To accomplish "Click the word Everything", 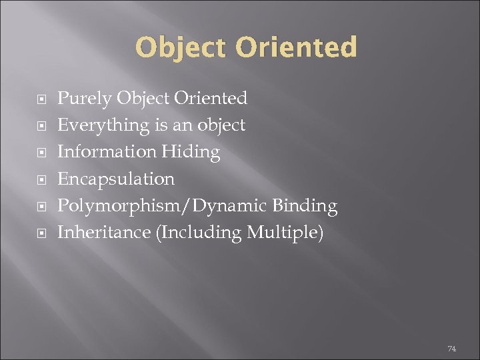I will coord(103,125).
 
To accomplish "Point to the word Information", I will coord(107,152).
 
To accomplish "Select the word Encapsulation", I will coord(116,179).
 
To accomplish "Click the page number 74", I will coord(451,349).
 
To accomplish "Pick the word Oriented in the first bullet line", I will coord(210,99).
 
